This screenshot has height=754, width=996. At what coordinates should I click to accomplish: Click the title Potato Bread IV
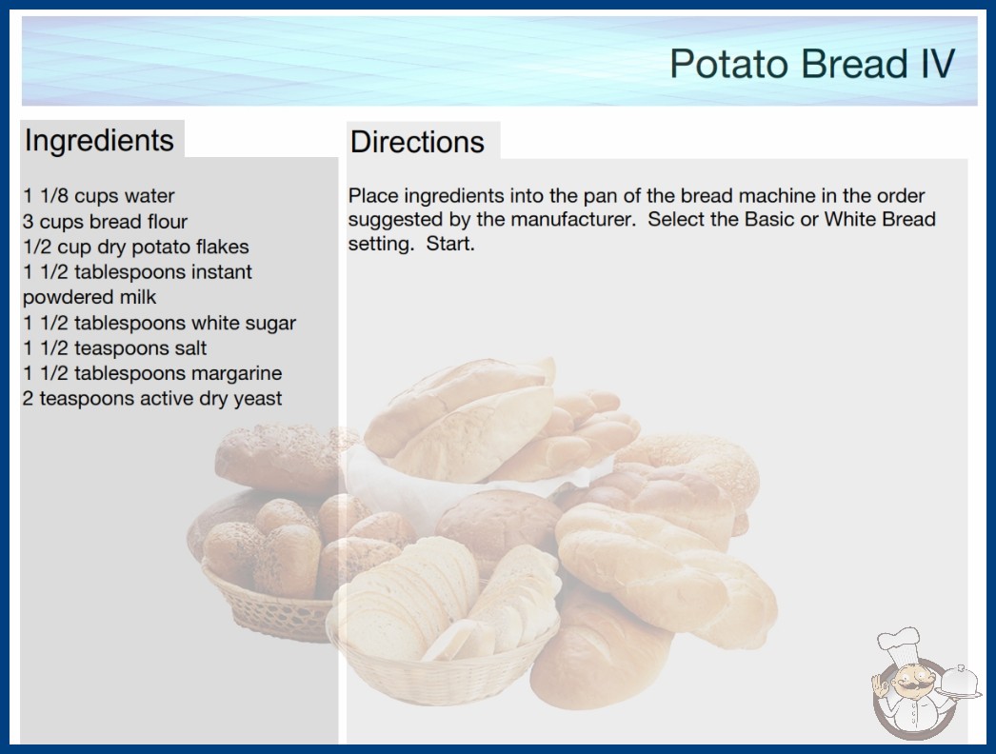pyautogui.click(x=812, y=64)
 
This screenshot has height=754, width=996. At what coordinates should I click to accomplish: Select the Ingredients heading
pyautogui.click(x=99, y=141)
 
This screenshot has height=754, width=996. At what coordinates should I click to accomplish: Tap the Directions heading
pyautogui.click(x=417, y=142)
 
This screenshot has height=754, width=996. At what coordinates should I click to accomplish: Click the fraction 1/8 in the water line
pyautogui.click(x=54, y=196)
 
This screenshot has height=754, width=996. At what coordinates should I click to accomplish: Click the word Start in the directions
pyautogui.click(x=449, y=244)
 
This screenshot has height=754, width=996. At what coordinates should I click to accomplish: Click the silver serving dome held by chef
pyautogui.click(x=959, y=681)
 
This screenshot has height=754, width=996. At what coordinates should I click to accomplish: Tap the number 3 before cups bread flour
pyautogui.click(x=28, y=221)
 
